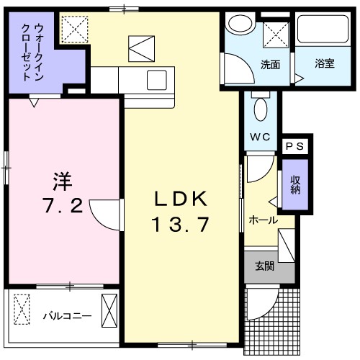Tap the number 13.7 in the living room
(x=181, y=225)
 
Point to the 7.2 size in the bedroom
(x=60, y=207)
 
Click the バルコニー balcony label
(x=66, y=315)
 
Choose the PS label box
(x=295, y=146)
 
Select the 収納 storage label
(x=295, y=185)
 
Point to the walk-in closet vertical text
(x=33, y=53)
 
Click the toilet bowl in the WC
(x=261, y=109)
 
